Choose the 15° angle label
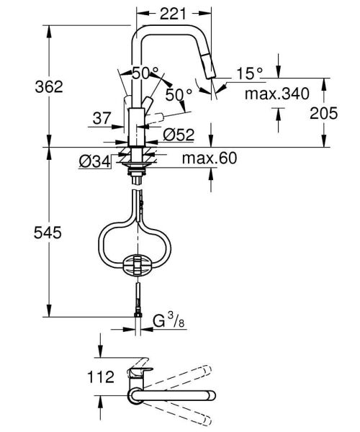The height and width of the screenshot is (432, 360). pyautogui.click(x=249, y=72)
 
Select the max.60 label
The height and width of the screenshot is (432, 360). pyautogui.click(x=209, y=158)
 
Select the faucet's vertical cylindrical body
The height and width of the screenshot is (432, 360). pyautogui.click(x=136, y=127)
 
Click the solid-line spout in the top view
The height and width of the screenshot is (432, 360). pyautogui.click(x=173, y=394)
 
